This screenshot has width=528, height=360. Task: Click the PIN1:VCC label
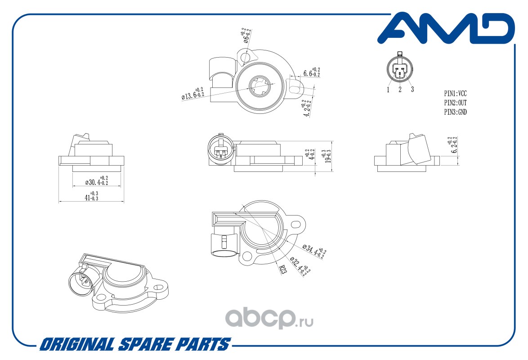(455, 94)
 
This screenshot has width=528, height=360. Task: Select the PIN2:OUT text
(455, 103)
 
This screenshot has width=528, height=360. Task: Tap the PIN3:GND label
(455, 112)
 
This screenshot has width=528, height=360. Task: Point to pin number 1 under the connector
(388, 90)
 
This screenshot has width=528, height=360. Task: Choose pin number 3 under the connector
(412, 90)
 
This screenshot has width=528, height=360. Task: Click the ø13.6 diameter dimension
(192, 93)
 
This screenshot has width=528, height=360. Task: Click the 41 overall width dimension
(91, 196)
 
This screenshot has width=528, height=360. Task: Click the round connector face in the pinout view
(399, 71)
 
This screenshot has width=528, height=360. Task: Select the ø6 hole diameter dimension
(246, 36)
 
